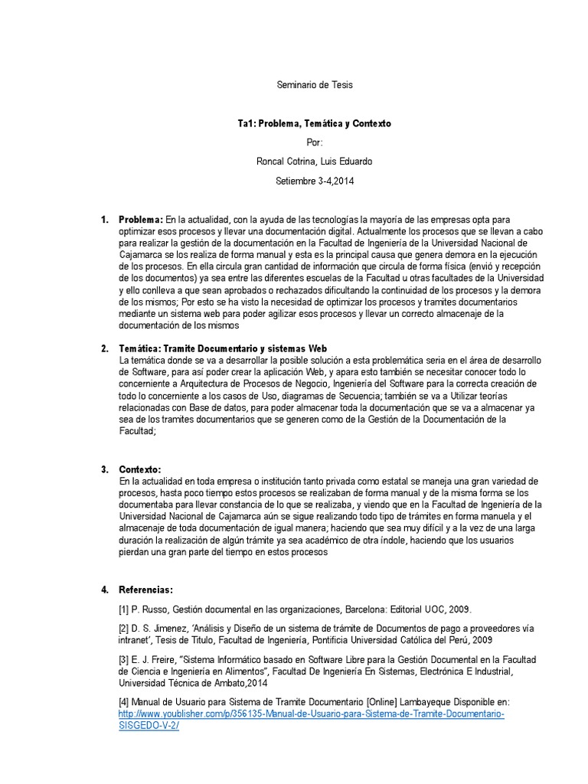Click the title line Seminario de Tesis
tap(314, 85)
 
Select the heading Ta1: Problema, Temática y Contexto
tap(314, 123)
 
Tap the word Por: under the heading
tap(314, 142)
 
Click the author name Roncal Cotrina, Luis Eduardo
tap(314, 162)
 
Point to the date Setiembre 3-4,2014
tap(314, 181)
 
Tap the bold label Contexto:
tap(141, 469)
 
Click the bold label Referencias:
tap(146, 590)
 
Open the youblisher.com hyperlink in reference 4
tap(311, 714)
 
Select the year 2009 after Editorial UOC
tap(460, 609)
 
